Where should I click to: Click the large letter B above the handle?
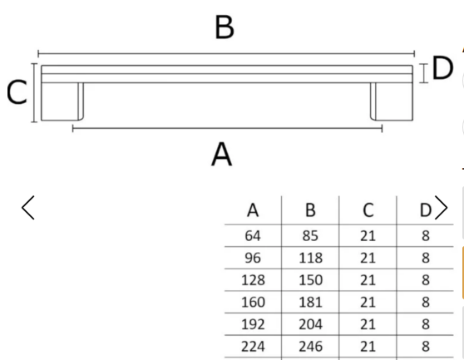225,27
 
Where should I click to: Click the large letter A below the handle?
222,155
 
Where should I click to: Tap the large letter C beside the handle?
17,92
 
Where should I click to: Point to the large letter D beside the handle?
442,68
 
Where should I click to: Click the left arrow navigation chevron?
27,207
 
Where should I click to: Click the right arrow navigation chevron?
441,207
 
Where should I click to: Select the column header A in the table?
253,210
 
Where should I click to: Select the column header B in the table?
310,210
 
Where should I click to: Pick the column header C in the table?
368,210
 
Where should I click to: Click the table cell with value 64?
253,236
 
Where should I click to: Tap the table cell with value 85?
310,236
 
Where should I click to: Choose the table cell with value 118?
310,258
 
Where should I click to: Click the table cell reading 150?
310,280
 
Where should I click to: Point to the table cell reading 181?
310,302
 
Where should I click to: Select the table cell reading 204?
310,324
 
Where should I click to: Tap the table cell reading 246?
310,347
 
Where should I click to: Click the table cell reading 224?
253,347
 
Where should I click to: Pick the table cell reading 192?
253,324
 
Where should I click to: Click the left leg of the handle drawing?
62,101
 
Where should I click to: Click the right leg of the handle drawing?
392,101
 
